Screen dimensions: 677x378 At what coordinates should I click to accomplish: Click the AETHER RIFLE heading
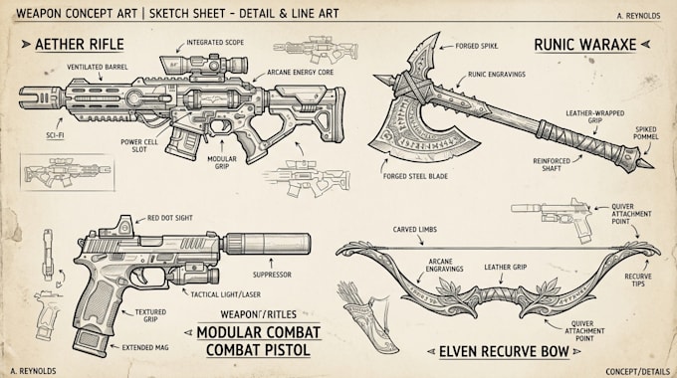(x=80, y=44)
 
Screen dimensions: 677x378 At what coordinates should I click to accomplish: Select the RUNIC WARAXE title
(x=585, y=45)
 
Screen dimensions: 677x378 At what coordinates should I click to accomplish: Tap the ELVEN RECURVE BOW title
(x=504, y=352)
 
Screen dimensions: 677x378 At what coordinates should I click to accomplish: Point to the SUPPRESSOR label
(x=272, y=275)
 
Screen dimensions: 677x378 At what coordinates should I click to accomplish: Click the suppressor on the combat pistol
(x=266, y=244)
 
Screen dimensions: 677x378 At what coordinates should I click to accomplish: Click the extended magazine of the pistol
(x=90, y=341)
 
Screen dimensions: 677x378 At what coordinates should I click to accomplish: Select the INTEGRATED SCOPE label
(x=215, y=43)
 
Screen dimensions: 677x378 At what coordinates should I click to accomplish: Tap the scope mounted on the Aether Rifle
(x=204, y=66)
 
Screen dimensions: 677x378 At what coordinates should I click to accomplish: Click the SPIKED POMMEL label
(x=646, y=133)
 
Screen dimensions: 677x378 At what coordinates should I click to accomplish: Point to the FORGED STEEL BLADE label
(x=415, y=176)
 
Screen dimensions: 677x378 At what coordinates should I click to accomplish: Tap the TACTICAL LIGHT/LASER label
(x=226, y=294)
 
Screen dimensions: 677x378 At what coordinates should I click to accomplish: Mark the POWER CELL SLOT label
(x=139, y=145)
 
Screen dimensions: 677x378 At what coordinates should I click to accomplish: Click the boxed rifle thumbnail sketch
(x=68, y=172)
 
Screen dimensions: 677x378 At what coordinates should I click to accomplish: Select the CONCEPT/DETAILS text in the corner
(x=638, y=371)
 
